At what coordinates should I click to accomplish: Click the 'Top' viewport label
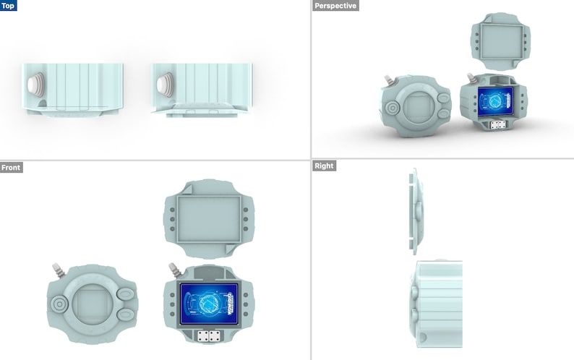tap(10, 6)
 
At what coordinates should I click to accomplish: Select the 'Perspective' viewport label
tap(334, 6)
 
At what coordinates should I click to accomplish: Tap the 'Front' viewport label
tap(12, 168)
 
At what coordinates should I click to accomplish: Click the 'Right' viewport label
tap(324, 166)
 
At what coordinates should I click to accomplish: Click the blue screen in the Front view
tap(209, 303)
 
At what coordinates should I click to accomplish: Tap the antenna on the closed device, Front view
tap(56, 271)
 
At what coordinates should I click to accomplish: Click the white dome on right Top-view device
tap(164, 85)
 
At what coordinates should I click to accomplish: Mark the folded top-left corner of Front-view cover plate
tap(170, 191)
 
